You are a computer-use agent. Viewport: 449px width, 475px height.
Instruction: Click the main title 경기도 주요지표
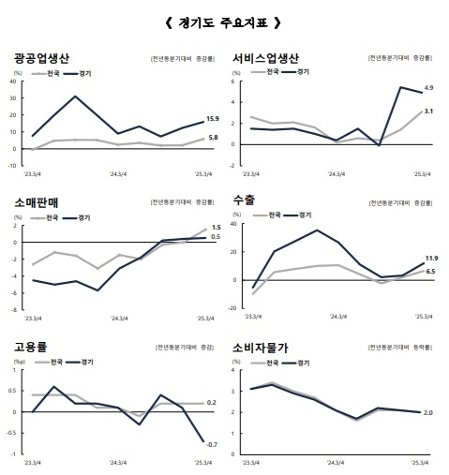pos(222,22)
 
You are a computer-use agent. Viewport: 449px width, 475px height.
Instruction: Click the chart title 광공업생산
pos(52,58)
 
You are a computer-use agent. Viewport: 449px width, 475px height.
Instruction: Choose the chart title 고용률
pos(35,347)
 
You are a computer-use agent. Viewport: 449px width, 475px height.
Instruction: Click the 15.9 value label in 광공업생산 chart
pos(213,119)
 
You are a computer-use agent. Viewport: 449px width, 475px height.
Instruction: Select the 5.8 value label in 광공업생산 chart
pos(213,138)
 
